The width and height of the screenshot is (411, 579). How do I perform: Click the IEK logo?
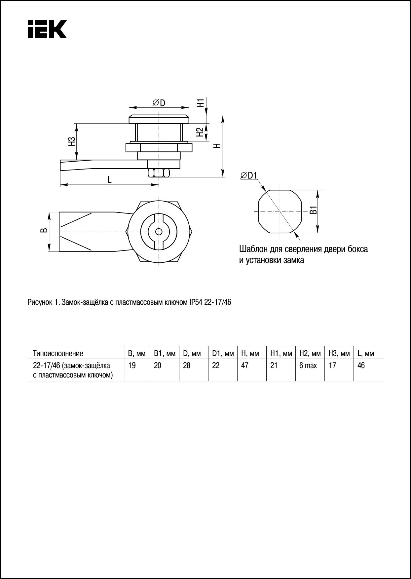pos(47,29)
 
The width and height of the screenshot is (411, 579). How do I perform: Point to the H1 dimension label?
pos(200,103)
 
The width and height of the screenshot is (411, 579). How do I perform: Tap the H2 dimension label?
pos(200,132)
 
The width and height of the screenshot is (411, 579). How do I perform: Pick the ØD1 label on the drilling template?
pos(248,175)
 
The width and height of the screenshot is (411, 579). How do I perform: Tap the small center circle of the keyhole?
pos(159,231)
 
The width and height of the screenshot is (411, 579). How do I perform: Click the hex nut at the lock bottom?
pos(159,173)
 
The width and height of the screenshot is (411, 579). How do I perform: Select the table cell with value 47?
pos(245,366)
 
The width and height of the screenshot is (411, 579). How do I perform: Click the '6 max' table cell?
pos(308,366)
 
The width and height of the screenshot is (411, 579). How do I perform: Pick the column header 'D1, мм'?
pos(223,354)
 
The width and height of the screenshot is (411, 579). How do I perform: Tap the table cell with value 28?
pos(187,366)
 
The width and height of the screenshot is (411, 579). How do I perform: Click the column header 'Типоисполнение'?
pos(58,354)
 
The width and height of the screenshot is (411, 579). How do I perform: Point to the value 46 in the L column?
pos(361,366)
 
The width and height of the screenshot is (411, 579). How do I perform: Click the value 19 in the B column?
pos(132,366)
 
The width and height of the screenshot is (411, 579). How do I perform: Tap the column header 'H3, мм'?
pos(339,354)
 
